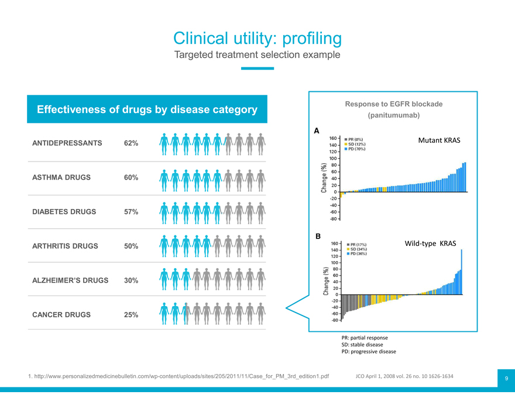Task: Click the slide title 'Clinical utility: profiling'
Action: [x=257, y=38]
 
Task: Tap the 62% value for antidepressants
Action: [x=131, y=143]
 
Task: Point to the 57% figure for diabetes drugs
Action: [x=131, y=212]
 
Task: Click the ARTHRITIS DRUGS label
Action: [x=65, y=246]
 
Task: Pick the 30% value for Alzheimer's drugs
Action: [x=131, y=280]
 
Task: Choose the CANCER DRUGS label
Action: [x=61, y=314]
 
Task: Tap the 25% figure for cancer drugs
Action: [x=131, y=315]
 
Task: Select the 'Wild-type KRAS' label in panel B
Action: [x=430, y=243]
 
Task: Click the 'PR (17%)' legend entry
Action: [x=357, y=245]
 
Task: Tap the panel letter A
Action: [x=317, y=131]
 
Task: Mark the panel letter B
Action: [x=318, y=236]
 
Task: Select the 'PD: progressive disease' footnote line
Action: [x=368, y=351]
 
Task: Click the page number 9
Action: [x=506, y=379]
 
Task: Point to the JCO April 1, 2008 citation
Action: [x=404, y=375]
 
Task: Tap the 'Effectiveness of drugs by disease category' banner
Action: [x=147, y=109]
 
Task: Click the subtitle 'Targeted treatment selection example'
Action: [x=257, y=55]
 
